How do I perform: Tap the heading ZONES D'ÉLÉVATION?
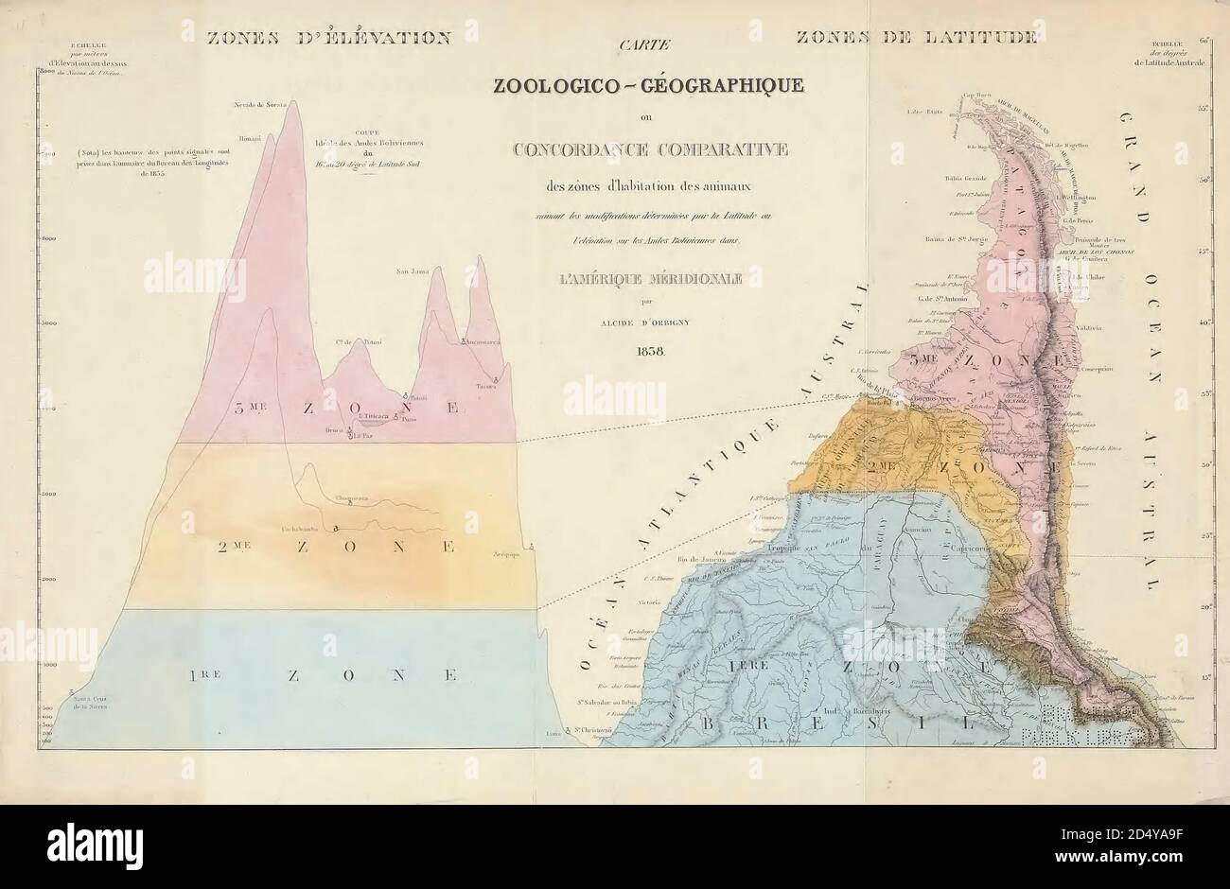327,38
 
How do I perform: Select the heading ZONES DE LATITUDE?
916,38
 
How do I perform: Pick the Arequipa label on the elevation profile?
507,557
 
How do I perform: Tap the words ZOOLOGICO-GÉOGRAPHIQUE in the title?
647,86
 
